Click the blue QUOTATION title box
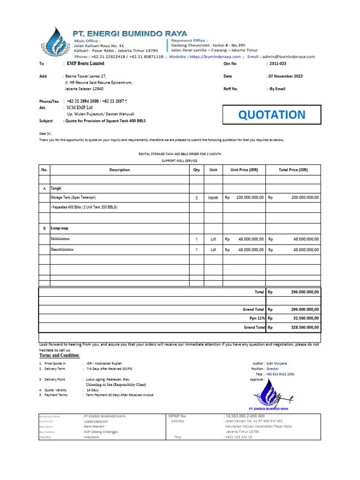coord(271,115)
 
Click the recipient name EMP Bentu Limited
coord(85,63)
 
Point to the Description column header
coord(120,170)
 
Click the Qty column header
coord(196,170)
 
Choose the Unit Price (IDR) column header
coord(244,170)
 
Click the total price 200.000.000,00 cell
coord(305,198)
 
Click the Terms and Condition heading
coord(59,355)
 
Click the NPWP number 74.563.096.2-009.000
coord(245,416)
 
